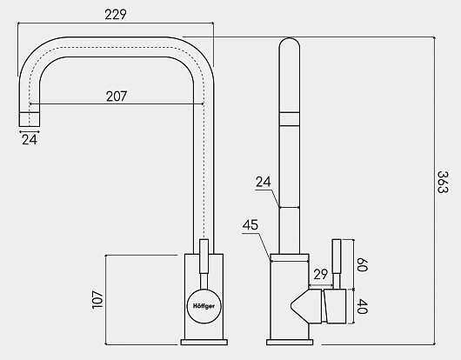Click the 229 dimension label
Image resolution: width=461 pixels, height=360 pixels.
[116, 15]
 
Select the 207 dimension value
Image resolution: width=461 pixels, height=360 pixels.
[117, 97]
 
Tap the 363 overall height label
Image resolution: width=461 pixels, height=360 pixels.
[443, 183]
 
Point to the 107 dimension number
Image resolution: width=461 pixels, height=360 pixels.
[97, 299]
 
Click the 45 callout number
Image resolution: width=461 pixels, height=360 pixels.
[251, 225]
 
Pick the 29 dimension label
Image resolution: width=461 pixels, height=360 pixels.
[320, 274]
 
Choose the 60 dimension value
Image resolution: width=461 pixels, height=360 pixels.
[362, 264]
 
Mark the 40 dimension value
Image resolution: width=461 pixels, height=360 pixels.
[362, 306]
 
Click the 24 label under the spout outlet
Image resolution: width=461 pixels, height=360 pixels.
[30, 140]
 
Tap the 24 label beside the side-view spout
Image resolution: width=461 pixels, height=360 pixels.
[264, 182]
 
